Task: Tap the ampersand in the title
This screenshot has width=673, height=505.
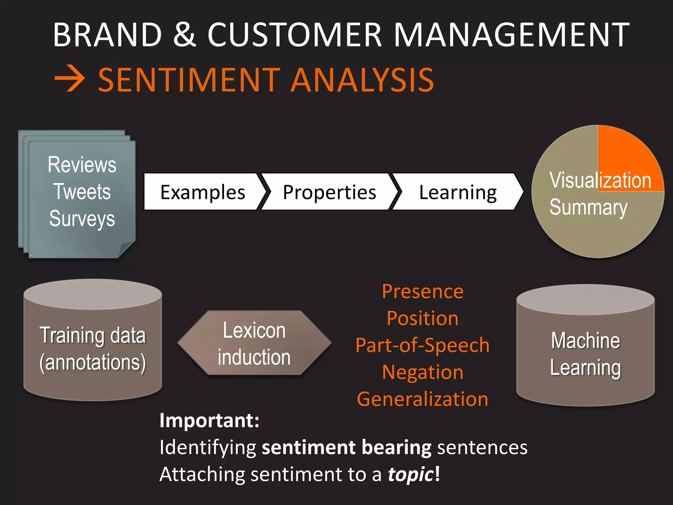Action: (185, 35)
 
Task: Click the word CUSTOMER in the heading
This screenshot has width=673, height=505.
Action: (294, 35)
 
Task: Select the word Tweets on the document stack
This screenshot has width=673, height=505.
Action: (82, 192)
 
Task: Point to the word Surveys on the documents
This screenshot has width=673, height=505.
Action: (82, 219)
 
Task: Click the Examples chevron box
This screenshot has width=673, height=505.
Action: (202, 192)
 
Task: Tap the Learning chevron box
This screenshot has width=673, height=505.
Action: (457, 192)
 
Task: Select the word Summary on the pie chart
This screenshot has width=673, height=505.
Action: (588, 208)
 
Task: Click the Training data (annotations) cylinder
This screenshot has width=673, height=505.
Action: (93, 349)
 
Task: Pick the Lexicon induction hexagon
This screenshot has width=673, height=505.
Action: (254, 343)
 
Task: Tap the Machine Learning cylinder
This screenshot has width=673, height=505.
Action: (585, 354)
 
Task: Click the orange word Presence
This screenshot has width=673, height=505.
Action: (423, 292)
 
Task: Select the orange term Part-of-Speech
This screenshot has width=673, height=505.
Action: (423, 345)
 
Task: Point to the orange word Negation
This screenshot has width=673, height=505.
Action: (423, 372)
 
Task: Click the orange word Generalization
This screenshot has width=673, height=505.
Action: (423, 399)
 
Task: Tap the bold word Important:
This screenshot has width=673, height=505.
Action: (209, 421)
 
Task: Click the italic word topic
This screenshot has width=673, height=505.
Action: (411, 474)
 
